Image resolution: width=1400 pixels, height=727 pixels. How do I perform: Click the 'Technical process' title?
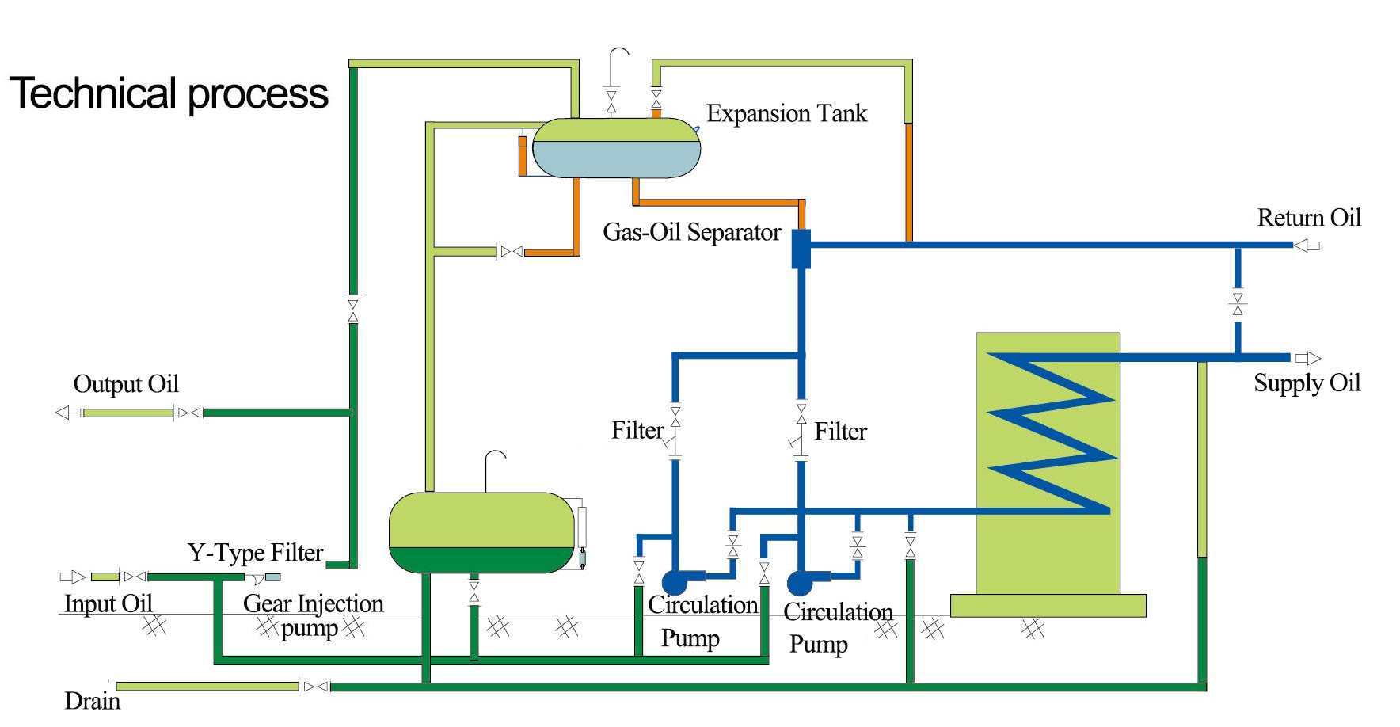click(x=169, y=93)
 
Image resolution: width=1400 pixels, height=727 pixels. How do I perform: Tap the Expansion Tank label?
click(x=786, y=113)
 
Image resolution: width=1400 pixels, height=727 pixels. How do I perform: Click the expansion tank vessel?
click(x=616, y=148)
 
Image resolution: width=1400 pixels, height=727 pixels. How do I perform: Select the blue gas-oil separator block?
click(x=801, y=249)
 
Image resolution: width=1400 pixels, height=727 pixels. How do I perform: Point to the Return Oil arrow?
click(x=1307, y=246)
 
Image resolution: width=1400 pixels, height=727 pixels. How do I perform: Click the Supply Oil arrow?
click(x=1307, y=358)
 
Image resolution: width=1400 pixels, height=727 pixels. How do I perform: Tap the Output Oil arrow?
click(x=68, y=413)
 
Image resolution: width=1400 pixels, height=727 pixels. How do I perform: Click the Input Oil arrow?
click(x=73, y=577)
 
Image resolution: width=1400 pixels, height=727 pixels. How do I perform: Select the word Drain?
click(x=92, y=701)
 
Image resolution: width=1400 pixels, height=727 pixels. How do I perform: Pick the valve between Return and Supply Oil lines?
click(x=1238, y=304)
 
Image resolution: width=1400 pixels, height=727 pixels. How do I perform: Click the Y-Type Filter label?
click(x=255, y=552)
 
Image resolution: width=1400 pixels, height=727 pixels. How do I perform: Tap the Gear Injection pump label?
click(x=313, y=615)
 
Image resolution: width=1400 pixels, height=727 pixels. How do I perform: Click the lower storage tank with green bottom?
click(x=481, y=532)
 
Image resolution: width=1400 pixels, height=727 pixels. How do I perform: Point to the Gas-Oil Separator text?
click(x=691, y=232)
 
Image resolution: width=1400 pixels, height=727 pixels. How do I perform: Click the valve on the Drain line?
click(x=315, y=687)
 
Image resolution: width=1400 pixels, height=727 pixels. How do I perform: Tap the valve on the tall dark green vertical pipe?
click(x=353, y=310)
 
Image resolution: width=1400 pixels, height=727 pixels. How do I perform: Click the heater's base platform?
click(x=1048, y=606)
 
